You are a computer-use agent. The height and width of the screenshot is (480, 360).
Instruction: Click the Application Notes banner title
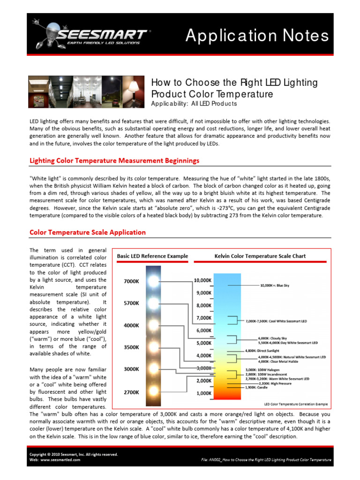pyautogui.click(x=257, y=36)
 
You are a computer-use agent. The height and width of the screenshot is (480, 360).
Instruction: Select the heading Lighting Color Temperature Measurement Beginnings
pyautogui.click(x=114, y=161)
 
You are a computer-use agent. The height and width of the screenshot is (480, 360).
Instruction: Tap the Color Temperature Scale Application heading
pyautogui.click(x=88, y=232)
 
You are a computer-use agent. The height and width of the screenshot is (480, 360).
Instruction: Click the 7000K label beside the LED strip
pyautogui.click(x=131, y=281)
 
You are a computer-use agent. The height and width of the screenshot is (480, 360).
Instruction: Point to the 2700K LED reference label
pyautogui.click(x=131, y=391)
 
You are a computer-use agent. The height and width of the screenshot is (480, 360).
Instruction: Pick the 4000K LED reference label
pyautogui.click(x=131, y=325)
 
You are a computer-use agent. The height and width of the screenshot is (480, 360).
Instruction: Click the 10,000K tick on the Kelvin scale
pyautogui.click(x=202, y=280)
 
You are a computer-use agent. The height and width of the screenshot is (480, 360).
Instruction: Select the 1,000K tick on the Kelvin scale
pyautogui.click(x=202, y=393)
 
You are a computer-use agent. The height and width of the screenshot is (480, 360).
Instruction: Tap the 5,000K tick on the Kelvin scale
pyautogui.click(x=202, y=343)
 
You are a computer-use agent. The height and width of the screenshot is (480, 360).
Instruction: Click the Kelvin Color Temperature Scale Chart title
pyautogui.click(x=260, y=256)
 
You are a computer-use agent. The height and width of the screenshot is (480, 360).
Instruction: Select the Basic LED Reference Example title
pyautogui.click(x=152, y=256)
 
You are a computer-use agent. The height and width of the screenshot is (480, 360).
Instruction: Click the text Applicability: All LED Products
pyautogui.click(x=194, y=104)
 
